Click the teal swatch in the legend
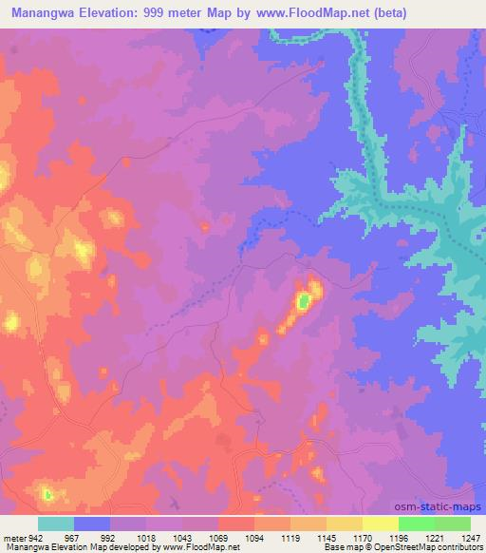tap(56, 524)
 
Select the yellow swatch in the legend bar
tap(381, 524)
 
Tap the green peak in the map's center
tap(303, 302)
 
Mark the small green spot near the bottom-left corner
tap(47, 493)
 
